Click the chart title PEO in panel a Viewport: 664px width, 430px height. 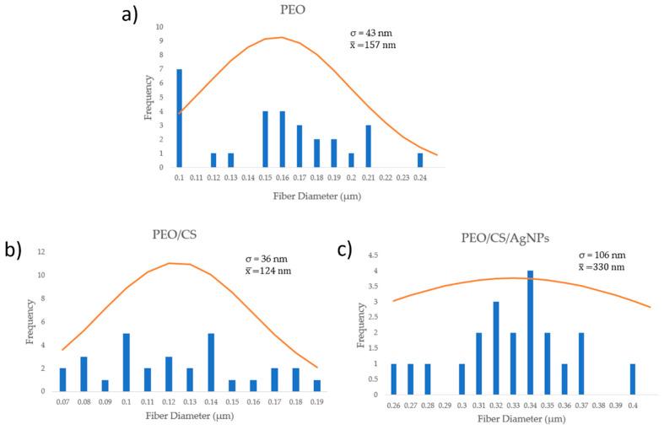293,10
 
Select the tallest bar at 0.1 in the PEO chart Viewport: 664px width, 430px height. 179,118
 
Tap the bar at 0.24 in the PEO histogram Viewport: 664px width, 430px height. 419,160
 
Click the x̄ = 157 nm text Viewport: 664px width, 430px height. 364,45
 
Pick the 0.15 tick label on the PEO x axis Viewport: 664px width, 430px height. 265,179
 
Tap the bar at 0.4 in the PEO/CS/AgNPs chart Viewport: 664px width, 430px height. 633,379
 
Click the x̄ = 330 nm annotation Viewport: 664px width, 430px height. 602,266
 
